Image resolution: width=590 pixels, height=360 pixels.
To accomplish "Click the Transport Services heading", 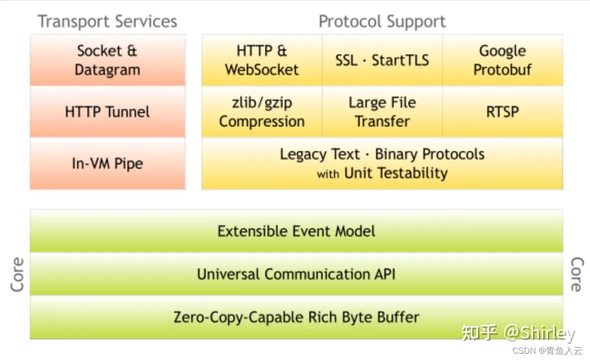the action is [x=107, y=22].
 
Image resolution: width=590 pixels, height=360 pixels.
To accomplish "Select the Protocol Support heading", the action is [x=382, y=22].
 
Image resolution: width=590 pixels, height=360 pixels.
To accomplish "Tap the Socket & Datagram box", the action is [x=107, y=60].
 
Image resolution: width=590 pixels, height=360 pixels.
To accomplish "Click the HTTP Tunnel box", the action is [x=107, y=112].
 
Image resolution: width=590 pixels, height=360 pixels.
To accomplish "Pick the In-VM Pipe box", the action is [x=107, y=164].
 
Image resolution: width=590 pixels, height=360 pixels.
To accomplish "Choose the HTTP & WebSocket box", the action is [x=262, y=60].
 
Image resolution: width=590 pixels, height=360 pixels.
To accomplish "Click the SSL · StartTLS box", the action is [x=382, y=60].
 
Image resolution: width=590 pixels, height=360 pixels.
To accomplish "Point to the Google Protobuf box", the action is [x=503, y=60].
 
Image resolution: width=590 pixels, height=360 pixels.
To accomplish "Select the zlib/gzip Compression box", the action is [x=262, y=112].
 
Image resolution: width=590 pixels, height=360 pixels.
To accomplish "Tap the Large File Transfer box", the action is [x=382, y=112].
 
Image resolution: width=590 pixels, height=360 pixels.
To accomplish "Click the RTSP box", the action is [x=503, y=112].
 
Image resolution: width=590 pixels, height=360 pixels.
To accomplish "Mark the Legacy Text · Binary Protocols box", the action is [x=382, y=164].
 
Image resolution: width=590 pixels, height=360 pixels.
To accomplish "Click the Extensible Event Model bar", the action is [x=297, y=231].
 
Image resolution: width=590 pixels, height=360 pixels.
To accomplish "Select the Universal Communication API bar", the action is [x=297, y=274].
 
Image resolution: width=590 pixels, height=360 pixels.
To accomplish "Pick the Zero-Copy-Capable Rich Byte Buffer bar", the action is [x=297, y=317].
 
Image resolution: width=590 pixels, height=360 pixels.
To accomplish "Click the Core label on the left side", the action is [x=17, y=274].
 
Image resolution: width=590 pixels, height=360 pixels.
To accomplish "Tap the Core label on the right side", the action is [x=577, y=274].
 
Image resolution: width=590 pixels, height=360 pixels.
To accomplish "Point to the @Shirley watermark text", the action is [x=540, y=333].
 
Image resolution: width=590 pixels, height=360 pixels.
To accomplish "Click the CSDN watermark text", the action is [x=524, y=351].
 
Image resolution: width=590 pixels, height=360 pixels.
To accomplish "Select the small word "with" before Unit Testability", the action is [x=328, y=174].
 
